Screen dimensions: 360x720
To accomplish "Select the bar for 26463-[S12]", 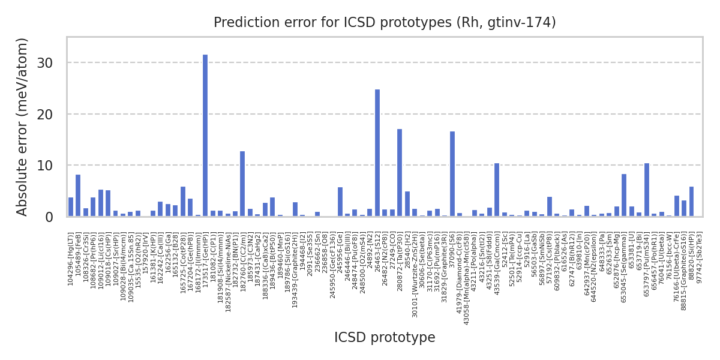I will (x=377, y=153).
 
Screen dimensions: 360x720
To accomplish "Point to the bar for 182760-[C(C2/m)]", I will (x=242, y=184).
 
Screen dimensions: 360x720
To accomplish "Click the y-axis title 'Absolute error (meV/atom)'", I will (x=23, y=127).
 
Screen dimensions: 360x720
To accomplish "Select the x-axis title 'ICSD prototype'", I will (x=385, y=338).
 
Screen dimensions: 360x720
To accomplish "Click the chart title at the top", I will (x=385, y=23).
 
